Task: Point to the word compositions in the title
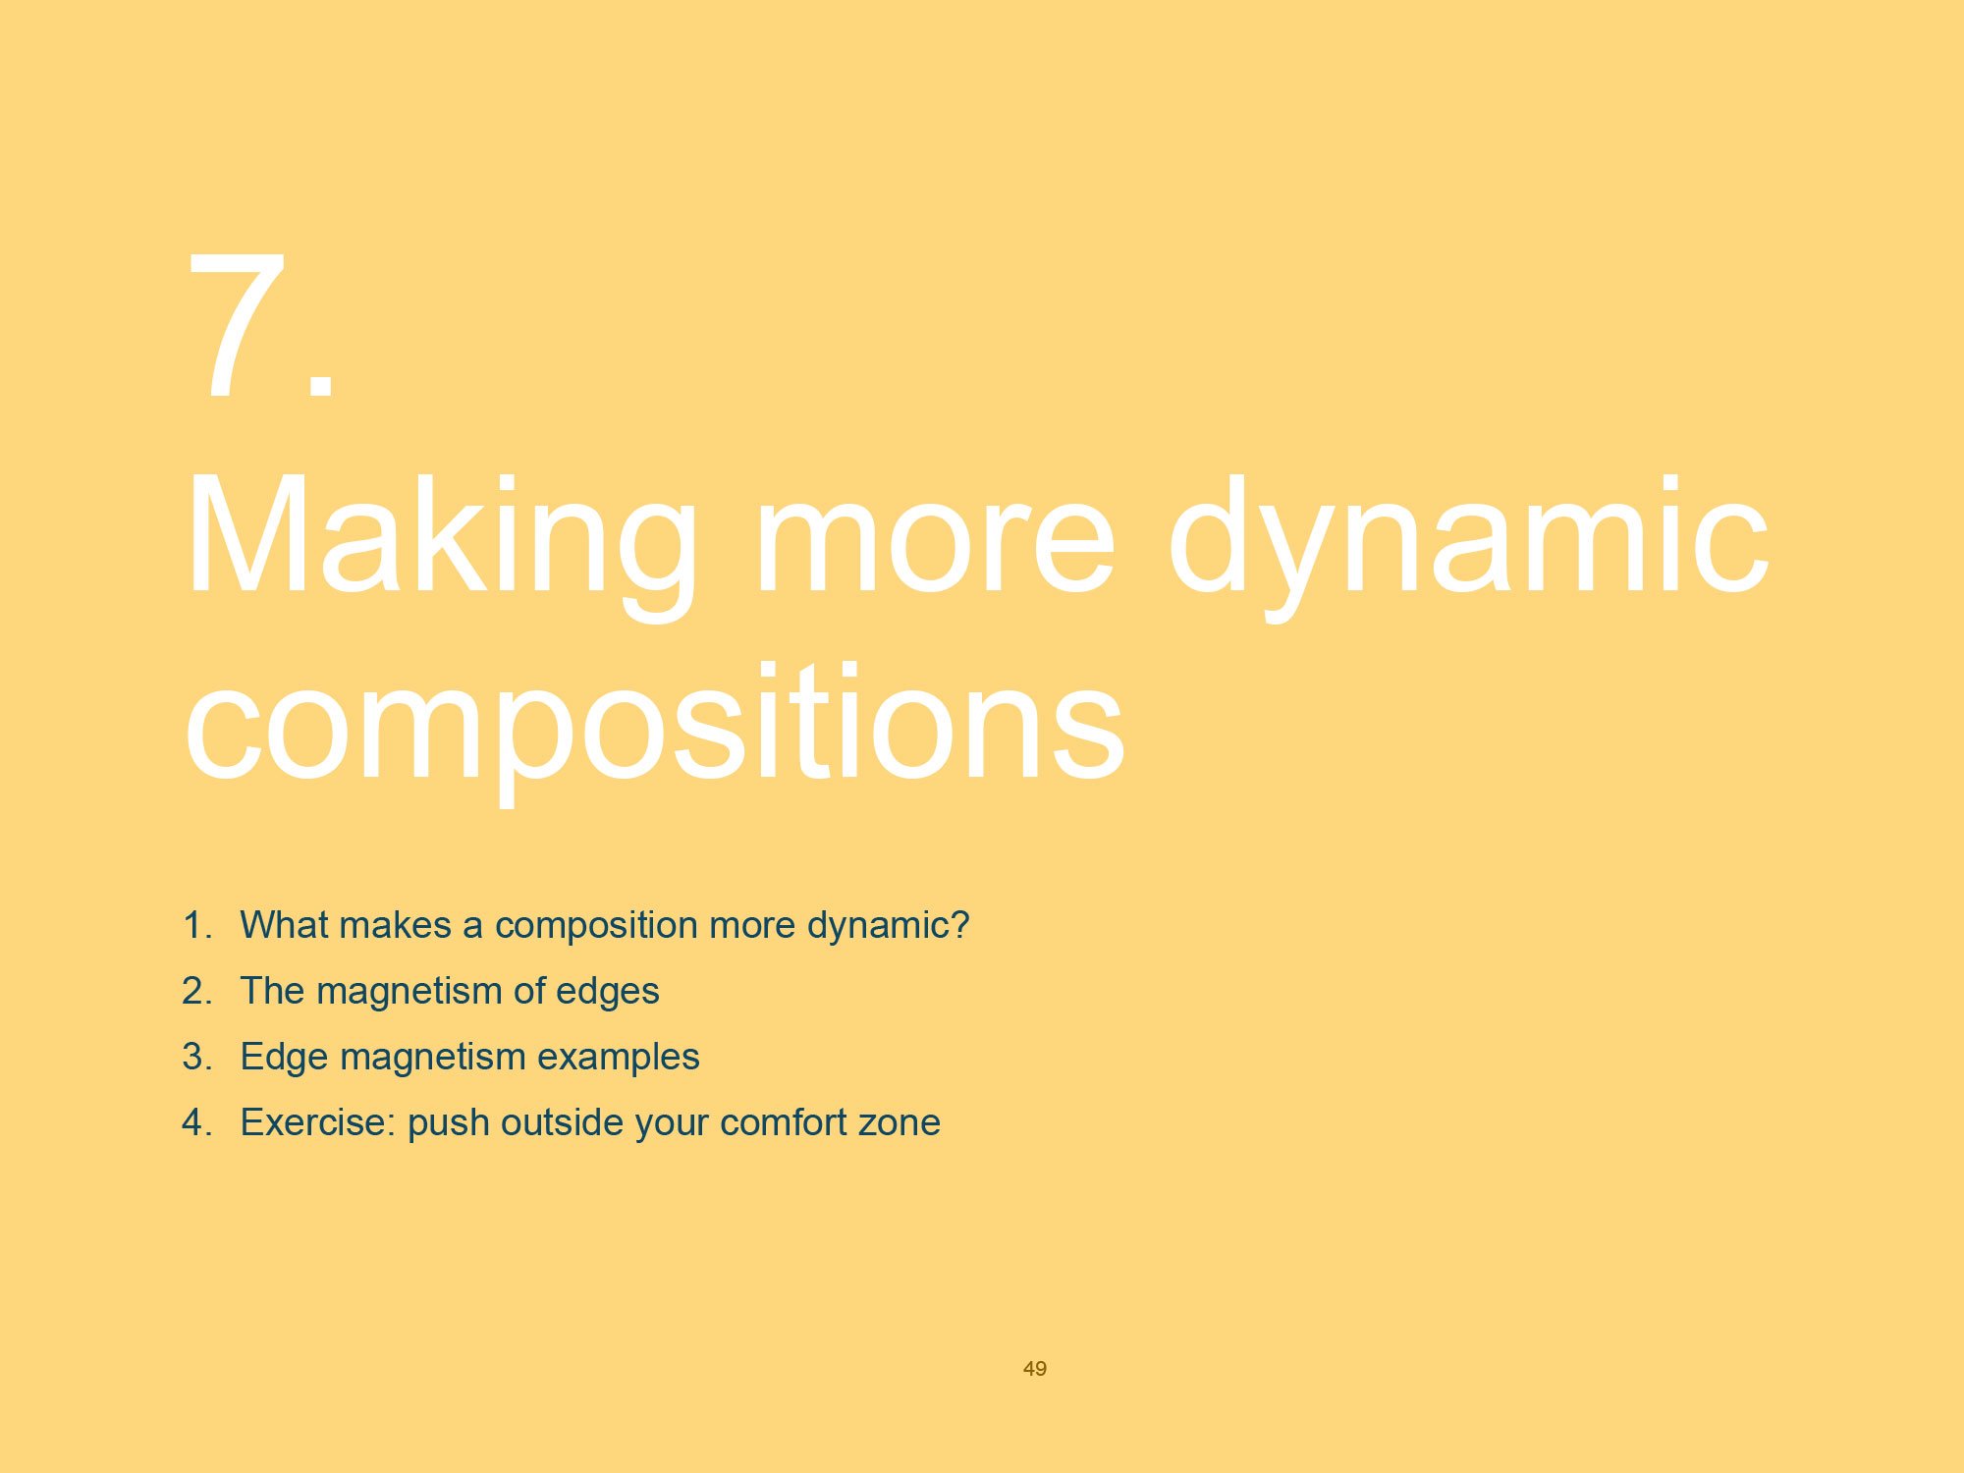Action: point(653,725)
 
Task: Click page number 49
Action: point(1035,1368)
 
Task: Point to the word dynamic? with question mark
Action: point(888,925)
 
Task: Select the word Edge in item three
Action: point(284,1057)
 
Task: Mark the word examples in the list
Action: point(618,1057)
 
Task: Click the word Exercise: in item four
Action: point(318,1122)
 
